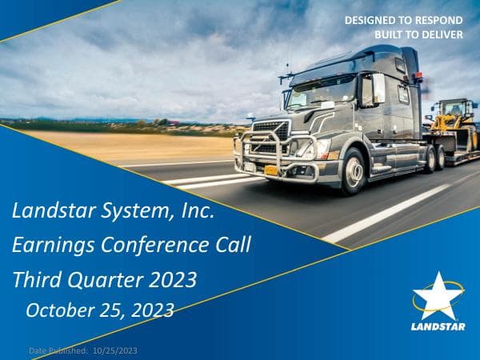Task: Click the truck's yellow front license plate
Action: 272,170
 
